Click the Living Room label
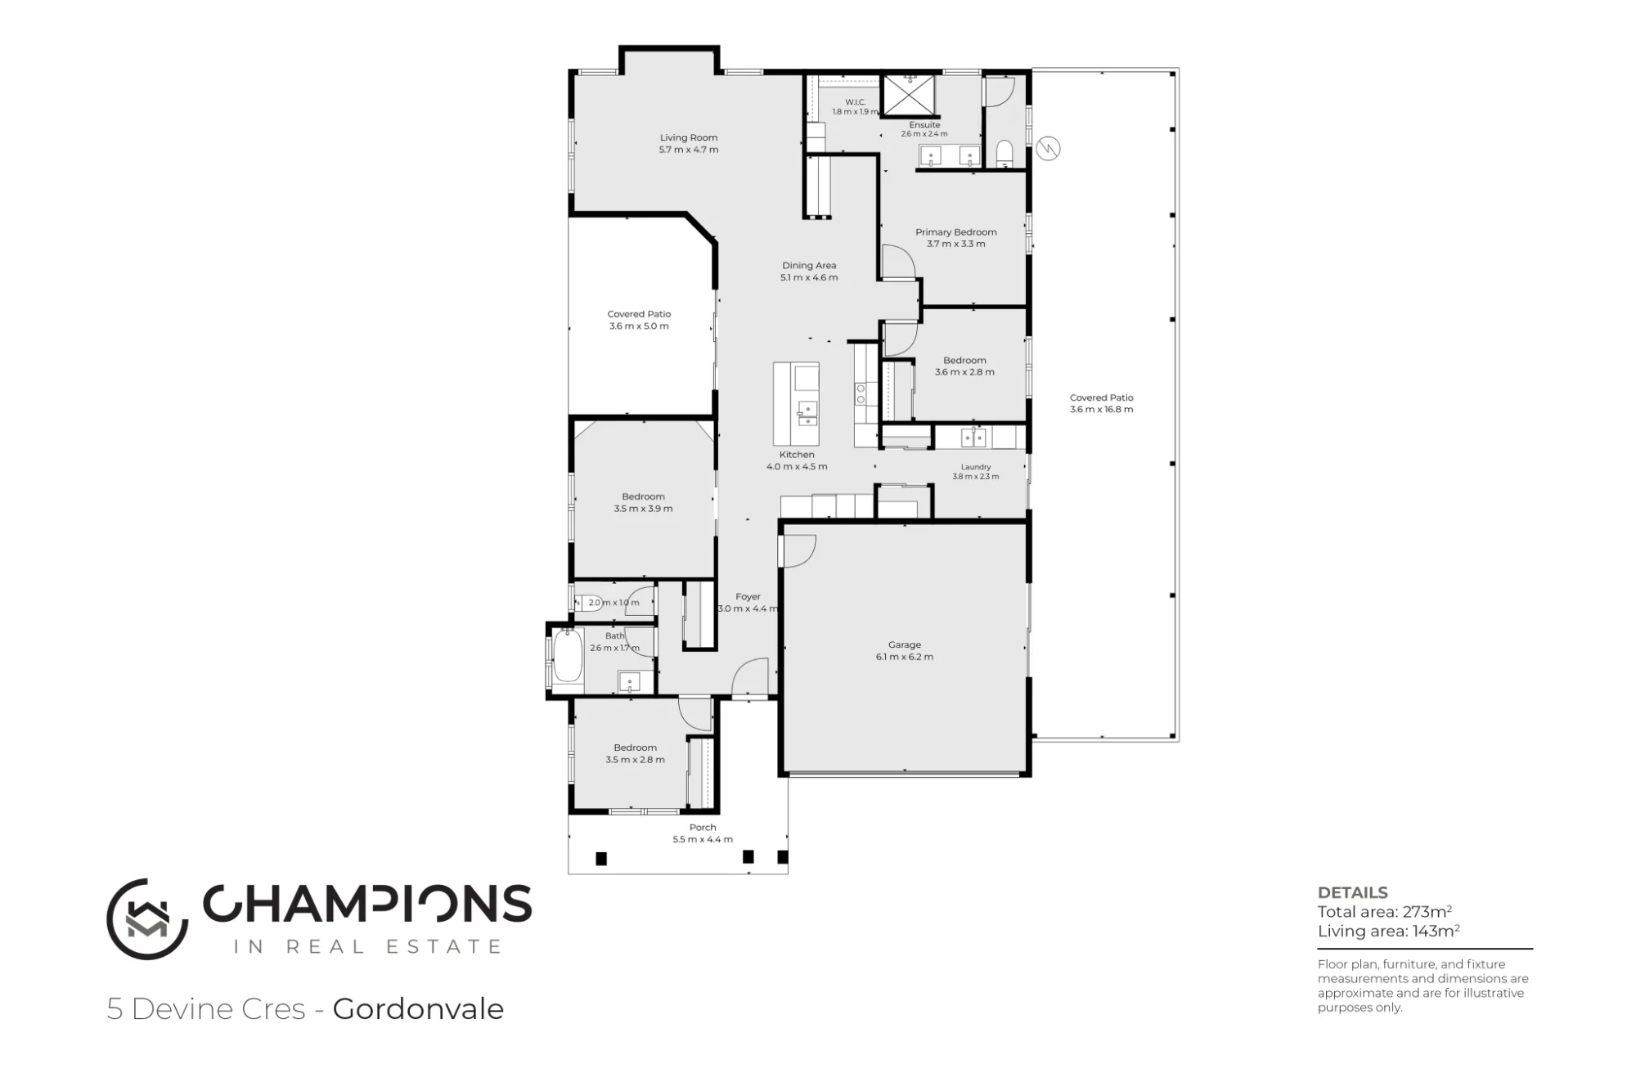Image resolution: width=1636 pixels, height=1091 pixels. [x=689, y=137]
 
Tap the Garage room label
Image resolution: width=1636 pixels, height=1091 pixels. [x=905, y=644]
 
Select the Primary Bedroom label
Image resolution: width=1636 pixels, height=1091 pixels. [x=956, y=232]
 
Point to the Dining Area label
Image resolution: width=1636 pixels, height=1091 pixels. [x=809, y=265]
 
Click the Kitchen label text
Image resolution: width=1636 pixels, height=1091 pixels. [x=797, y=455]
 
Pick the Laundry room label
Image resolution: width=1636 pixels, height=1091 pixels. [x=976, y=467]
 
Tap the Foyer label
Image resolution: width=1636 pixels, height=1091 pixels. [x=748, y=597]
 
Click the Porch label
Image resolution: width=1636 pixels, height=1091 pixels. [x=703, y=827]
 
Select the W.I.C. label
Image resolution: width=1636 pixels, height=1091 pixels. [x=856, y=102]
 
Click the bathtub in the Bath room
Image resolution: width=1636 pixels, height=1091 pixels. [x=567, y=656]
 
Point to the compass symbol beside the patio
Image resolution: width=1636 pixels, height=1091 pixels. [x=1048, y=149]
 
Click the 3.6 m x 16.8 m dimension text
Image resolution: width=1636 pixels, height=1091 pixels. [x=1102, y=410]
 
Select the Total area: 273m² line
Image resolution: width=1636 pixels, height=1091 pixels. [x=1385, y=912]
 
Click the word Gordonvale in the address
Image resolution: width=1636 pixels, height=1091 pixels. [x=418, y=1009]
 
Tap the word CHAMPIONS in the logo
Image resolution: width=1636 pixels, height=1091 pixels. [x=367, y=904]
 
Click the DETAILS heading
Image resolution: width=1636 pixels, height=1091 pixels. [x=1353, y=893]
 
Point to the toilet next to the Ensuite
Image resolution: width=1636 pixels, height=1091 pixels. [x=1005, y=154]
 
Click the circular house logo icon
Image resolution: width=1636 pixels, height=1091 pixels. [x=147, y=919]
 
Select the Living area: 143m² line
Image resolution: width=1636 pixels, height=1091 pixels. [x=1389, y=931]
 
